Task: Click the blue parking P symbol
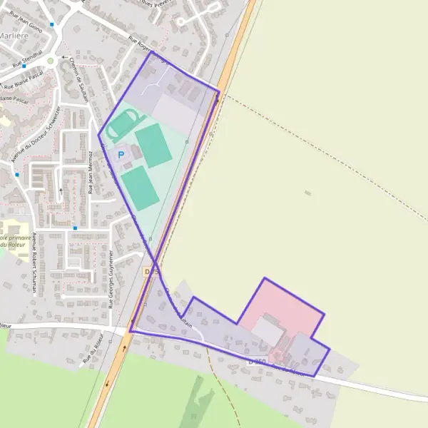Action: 121,154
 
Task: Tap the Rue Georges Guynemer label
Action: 111,278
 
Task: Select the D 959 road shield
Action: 258,362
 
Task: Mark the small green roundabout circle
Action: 51,61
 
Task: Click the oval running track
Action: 119,126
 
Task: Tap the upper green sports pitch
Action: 153,145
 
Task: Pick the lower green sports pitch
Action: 140,188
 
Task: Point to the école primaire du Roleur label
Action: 14,241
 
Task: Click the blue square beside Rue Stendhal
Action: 24,66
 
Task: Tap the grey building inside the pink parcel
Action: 267,331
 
